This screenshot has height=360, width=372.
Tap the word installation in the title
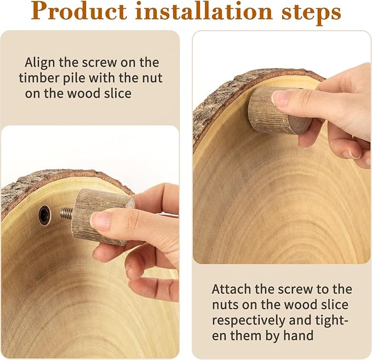(x=204, y=11)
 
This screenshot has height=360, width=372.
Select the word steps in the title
(x=311, y=13)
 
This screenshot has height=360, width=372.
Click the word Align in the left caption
(x=40, y=62)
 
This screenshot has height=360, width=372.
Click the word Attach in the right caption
(x=231, y=289)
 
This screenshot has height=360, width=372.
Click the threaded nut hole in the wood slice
(x=44, y=215)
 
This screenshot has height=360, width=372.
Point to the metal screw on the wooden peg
(x=67, y=213)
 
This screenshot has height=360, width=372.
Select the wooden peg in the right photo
(x=279, y=110)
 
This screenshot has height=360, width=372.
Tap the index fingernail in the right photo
(x=281, y=98)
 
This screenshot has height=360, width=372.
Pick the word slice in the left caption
(x=119, y=94)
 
